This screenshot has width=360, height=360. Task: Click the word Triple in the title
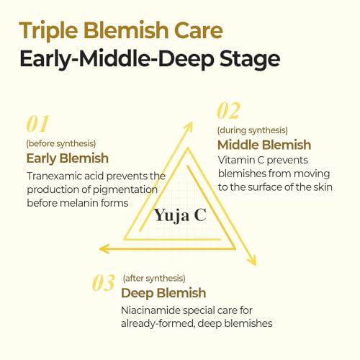coord(48,31)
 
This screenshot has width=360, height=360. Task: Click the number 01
coord(37,124)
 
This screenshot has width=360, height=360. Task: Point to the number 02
coord(228,110)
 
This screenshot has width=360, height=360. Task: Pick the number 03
coord(104,282)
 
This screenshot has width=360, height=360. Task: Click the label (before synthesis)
coord(61,143)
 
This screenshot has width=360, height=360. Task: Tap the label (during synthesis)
coord(253,130)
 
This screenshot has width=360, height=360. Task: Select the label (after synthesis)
coord(154,278)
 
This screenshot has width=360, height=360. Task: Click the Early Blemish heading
coord(68,158)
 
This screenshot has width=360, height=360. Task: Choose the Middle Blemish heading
coord(264,145)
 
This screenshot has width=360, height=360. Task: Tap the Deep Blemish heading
coord(163,293)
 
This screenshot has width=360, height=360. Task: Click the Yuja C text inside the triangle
coord(180,215)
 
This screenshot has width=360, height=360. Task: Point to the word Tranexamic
coord(54,176)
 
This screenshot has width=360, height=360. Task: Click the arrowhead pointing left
coord(104,248)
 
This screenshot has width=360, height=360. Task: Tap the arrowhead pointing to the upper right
coord(188,127)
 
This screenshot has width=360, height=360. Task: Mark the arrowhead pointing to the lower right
coord(252,260)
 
